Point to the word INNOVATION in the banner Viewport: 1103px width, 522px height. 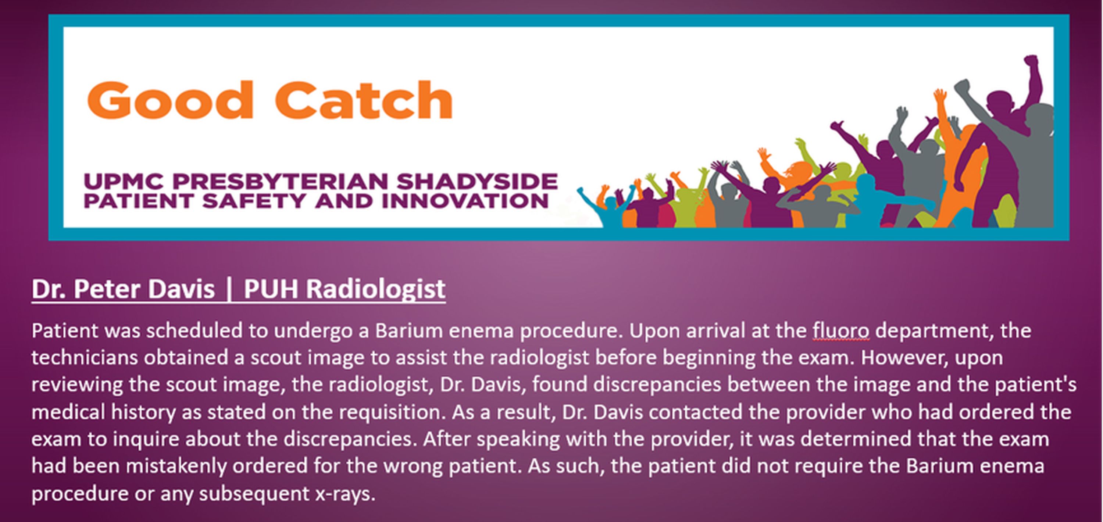pos(465,201)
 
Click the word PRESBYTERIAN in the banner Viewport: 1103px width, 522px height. pos(280,181)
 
